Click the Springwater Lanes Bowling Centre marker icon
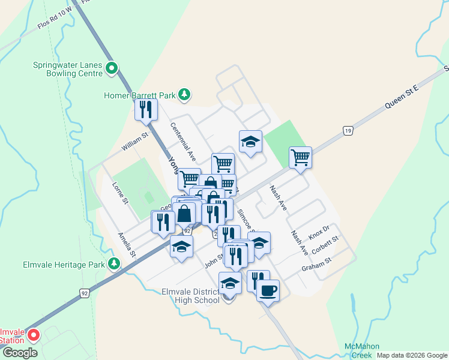(x=112, y=68)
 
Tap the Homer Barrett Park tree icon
(x=185, y=95)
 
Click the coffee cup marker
(x=268, y=291)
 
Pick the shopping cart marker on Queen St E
(x=300, y=158)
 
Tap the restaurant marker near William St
(x=146, y=109)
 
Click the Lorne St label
(x=120, y=193)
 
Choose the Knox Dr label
(x=319, y=232)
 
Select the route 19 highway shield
(x=348, y=130)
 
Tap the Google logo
(x=20, y=353)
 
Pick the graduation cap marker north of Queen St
(x=250, y=142)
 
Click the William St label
(x=133, y=143)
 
